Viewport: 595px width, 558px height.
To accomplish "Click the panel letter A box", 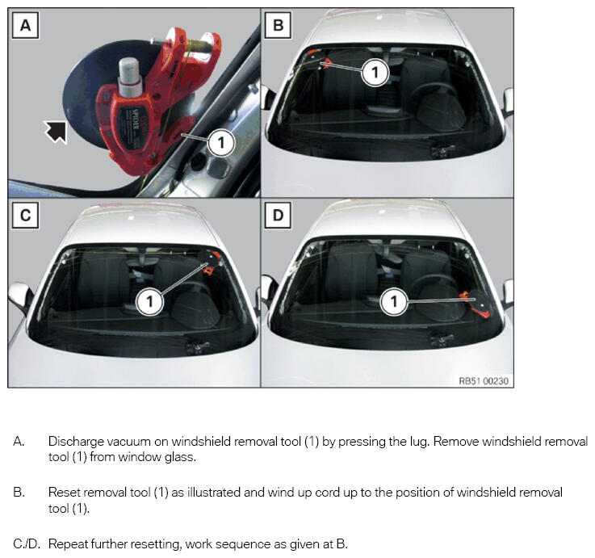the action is coord(25,25).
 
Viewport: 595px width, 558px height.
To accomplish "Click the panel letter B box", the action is coord(278,25).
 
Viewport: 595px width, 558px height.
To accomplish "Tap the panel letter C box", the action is coord(25,216).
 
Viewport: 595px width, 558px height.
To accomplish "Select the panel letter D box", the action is coord(278,216).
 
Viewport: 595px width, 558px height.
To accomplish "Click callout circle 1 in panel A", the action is coord(221,143).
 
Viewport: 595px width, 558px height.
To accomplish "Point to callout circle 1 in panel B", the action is coord(375,72).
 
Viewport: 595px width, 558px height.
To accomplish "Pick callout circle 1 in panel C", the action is coord(149,302).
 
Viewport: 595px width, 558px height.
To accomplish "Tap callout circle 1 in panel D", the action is coord(394,302).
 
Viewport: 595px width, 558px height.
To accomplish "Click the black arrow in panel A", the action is coord(56,132).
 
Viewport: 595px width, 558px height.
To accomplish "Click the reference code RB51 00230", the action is coord(484,380).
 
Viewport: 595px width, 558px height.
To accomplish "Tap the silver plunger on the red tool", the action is coord(130,77).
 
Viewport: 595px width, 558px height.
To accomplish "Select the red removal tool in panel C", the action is coord(211,262).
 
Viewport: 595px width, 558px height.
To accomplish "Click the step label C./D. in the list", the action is coord(27,544).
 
